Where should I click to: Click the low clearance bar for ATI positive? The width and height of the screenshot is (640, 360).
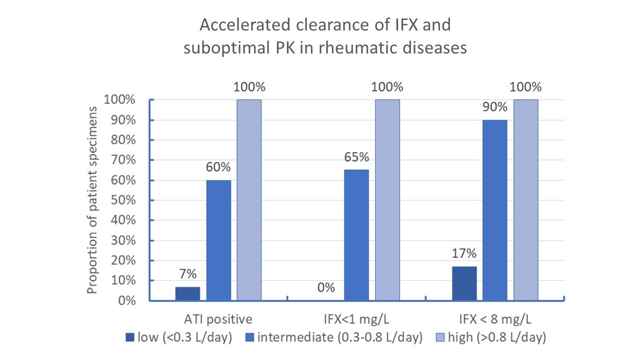[187, 293]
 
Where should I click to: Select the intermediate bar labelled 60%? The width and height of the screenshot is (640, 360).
[218, 240]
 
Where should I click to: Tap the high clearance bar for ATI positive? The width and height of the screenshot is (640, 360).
[249, 200]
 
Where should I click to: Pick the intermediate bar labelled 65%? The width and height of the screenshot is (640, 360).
[357, 235]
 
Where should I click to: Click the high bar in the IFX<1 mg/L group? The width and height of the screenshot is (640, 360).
[387, 200]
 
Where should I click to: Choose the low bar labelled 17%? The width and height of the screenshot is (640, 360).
[464, 283]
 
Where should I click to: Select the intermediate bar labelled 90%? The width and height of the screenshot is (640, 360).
[495, 210]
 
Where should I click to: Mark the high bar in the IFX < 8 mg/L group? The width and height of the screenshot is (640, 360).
[526, 200]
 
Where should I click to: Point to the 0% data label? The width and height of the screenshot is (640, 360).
[326, 288]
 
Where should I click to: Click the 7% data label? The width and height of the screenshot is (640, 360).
[188, 274]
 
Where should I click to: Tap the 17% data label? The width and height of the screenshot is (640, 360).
[464, 254]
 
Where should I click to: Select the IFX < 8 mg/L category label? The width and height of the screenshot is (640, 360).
[495, 319]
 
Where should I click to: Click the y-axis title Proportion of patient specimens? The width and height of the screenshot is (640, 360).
[93, 200]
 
